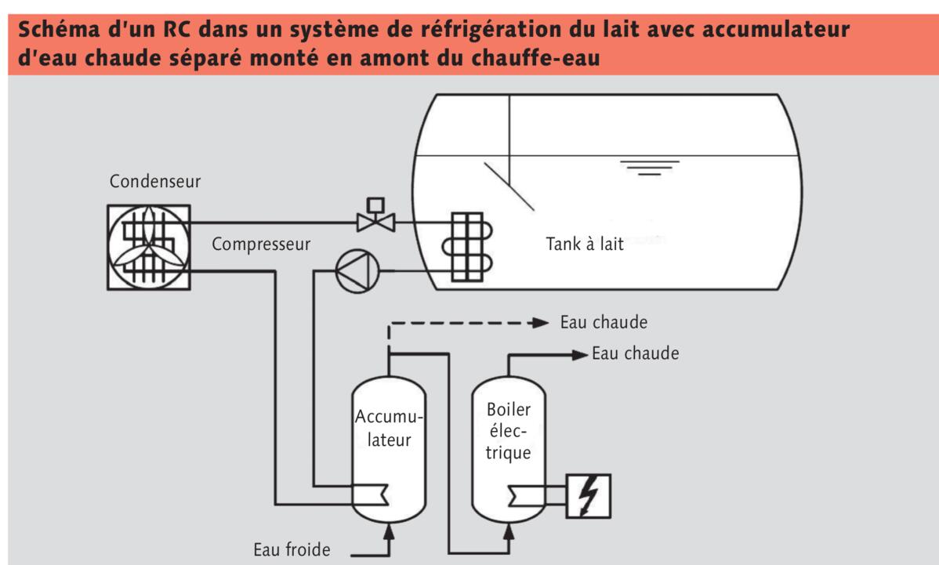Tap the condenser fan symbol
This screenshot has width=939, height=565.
(x=147, y=244)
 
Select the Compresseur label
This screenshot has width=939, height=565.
(x=261, y=244)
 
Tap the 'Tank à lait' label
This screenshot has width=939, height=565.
(x=585, y=244)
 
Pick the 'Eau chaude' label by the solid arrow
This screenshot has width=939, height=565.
(x=636, y=353)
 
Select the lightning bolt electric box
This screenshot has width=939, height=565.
(x=587, y=496)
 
